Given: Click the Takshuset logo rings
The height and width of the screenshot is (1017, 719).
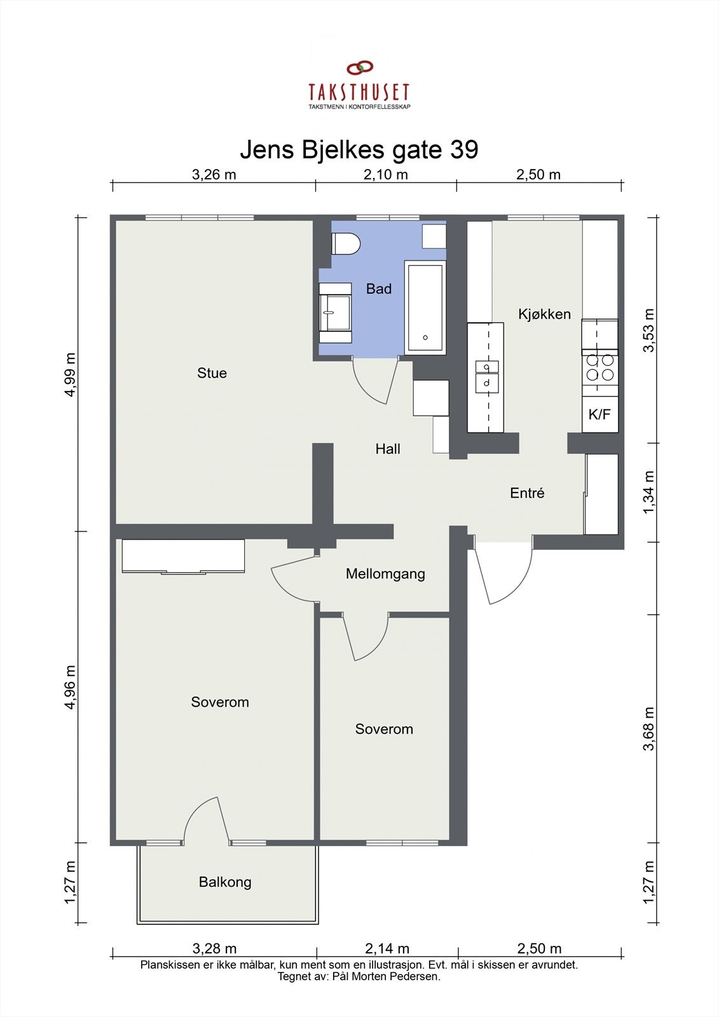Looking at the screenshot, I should (359, 67).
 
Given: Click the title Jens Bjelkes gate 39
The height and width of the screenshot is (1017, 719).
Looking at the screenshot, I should (359, 150).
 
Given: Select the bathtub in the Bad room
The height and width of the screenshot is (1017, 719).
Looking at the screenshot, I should (425, 307).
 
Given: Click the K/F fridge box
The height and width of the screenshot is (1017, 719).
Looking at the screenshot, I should (599, 414).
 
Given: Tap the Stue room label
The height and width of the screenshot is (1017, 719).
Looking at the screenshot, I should (212, 373).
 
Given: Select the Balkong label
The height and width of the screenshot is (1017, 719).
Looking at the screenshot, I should (225, 882).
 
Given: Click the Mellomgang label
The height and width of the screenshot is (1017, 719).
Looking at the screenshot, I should (385, 574).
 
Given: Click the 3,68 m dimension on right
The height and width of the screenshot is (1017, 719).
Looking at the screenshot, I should (648, 728).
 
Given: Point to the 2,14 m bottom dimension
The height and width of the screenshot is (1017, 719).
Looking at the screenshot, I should (387, 949).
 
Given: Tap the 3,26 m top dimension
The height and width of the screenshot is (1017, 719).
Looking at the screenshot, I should (214, 175).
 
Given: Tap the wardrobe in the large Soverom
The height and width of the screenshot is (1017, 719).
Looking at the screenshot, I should (183, 556).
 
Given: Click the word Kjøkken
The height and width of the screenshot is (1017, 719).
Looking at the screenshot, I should (544, 314).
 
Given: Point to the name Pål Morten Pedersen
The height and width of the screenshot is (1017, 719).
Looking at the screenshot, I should (386, 977).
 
